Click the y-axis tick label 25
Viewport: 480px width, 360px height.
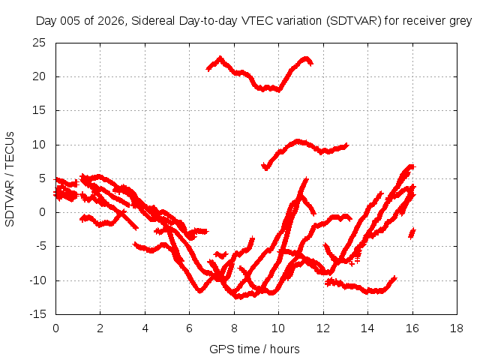point(39,43)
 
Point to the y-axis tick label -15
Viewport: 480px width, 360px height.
point(37,314)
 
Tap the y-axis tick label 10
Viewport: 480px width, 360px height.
point(39,145)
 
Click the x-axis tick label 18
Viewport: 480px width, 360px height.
point(457,328)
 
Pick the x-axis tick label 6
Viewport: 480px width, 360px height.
point(189,328)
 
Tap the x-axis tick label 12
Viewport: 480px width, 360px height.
point(323,328)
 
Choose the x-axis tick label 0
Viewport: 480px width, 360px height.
point(55,328)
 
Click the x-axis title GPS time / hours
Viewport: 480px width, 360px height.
point(254,349)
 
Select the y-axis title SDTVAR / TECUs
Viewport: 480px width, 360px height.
point(10,179)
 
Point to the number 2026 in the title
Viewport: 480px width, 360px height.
point(110,21)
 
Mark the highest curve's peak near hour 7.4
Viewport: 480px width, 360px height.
point(220,58)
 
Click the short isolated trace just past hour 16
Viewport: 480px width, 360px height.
point(412,233)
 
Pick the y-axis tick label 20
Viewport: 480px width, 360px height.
point(39,76)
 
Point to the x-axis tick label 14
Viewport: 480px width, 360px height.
point(367,328)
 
